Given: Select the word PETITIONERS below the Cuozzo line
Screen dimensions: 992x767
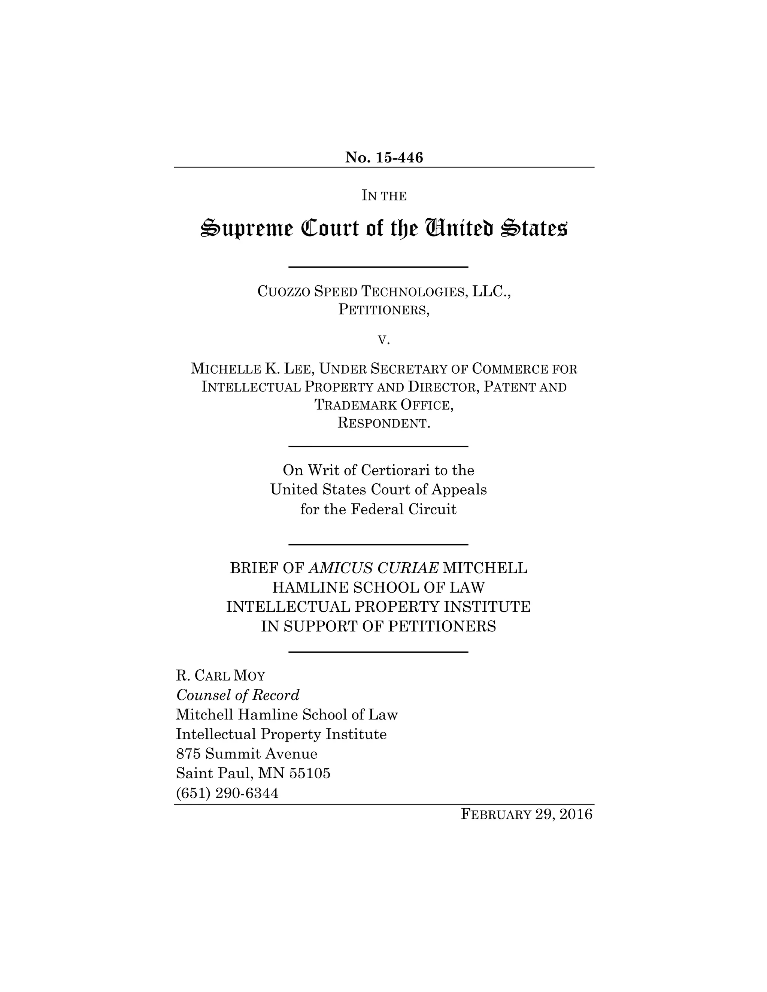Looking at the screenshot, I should tap(383, 310).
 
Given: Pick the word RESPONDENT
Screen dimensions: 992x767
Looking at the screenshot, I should tap(383, 423).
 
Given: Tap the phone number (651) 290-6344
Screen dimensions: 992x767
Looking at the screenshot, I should tap(227, 793).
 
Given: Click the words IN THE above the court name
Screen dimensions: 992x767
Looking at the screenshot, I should tap(384, 196).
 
